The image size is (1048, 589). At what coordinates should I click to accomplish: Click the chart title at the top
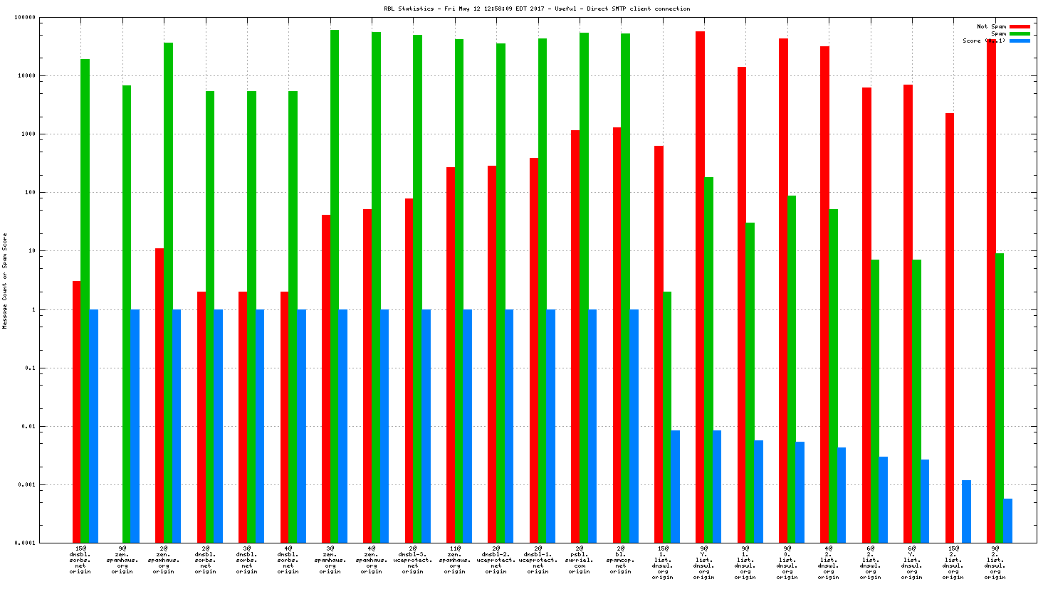[x=537, y=9]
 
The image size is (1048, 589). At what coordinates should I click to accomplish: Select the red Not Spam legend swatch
[x=1020, y=26]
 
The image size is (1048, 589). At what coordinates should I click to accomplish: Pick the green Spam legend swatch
[x=1020, y=33]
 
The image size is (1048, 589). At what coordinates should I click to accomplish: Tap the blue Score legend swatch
[x=1020, y=41]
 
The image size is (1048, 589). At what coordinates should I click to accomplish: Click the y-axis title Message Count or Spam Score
[x=5, y=281]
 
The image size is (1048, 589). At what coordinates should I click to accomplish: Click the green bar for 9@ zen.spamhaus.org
[x=127, y=314]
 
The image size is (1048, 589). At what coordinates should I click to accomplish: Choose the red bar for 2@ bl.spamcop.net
[x=617, y=334]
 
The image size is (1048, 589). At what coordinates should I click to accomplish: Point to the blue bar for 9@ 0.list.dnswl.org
[x=800, y=492]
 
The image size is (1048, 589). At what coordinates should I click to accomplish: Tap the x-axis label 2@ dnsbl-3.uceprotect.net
[x=413, y=560]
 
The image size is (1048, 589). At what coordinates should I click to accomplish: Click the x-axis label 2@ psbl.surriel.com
[x=579, y=560]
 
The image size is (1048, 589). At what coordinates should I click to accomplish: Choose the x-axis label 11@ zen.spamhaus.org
[x=454, y=560]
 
